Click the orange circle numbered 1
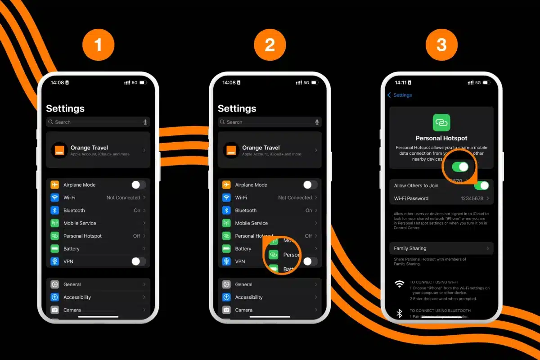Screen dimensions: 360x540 point(98,45)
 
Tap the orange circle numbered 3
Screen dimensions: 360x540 point(441,45)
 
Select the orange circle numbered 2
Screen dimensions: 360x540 point(270,45)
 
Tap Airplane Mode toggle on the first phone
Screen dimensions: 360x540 point(139,185)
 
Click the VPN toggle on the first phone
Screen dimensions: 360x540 point(139,261)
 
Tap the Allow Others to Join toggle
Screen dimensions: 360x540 point(481,185)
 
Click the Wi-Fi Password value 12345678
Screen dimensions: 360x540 point(472,198)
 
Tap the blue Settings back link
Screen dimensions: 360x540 point(400,95)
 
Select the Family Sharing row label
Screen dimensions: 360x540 point(410,248)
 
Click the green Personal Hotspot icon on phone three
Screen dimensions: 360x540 point(441,122)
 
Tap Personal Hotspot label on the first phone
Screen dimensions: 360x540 point(82,236)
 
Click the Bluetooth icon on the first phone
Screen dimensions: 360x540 point(55,211)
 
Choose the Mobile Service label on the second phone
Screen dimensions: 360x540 point(251,223)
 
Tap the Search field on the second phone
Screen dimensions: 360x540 point(265,122)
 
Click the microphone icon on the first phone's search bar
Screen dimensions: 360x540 point(145,122)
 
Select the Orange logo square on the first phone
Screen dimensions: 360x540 point(59,150)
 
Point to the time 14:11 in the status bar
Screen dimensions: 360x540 point(400,83)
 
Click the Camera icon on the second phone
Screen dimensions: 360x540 point(226,310)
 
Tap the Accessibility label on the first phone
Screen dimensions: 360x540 point(77,297)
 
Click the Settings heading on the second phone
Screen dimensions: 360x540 point(237,108)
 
